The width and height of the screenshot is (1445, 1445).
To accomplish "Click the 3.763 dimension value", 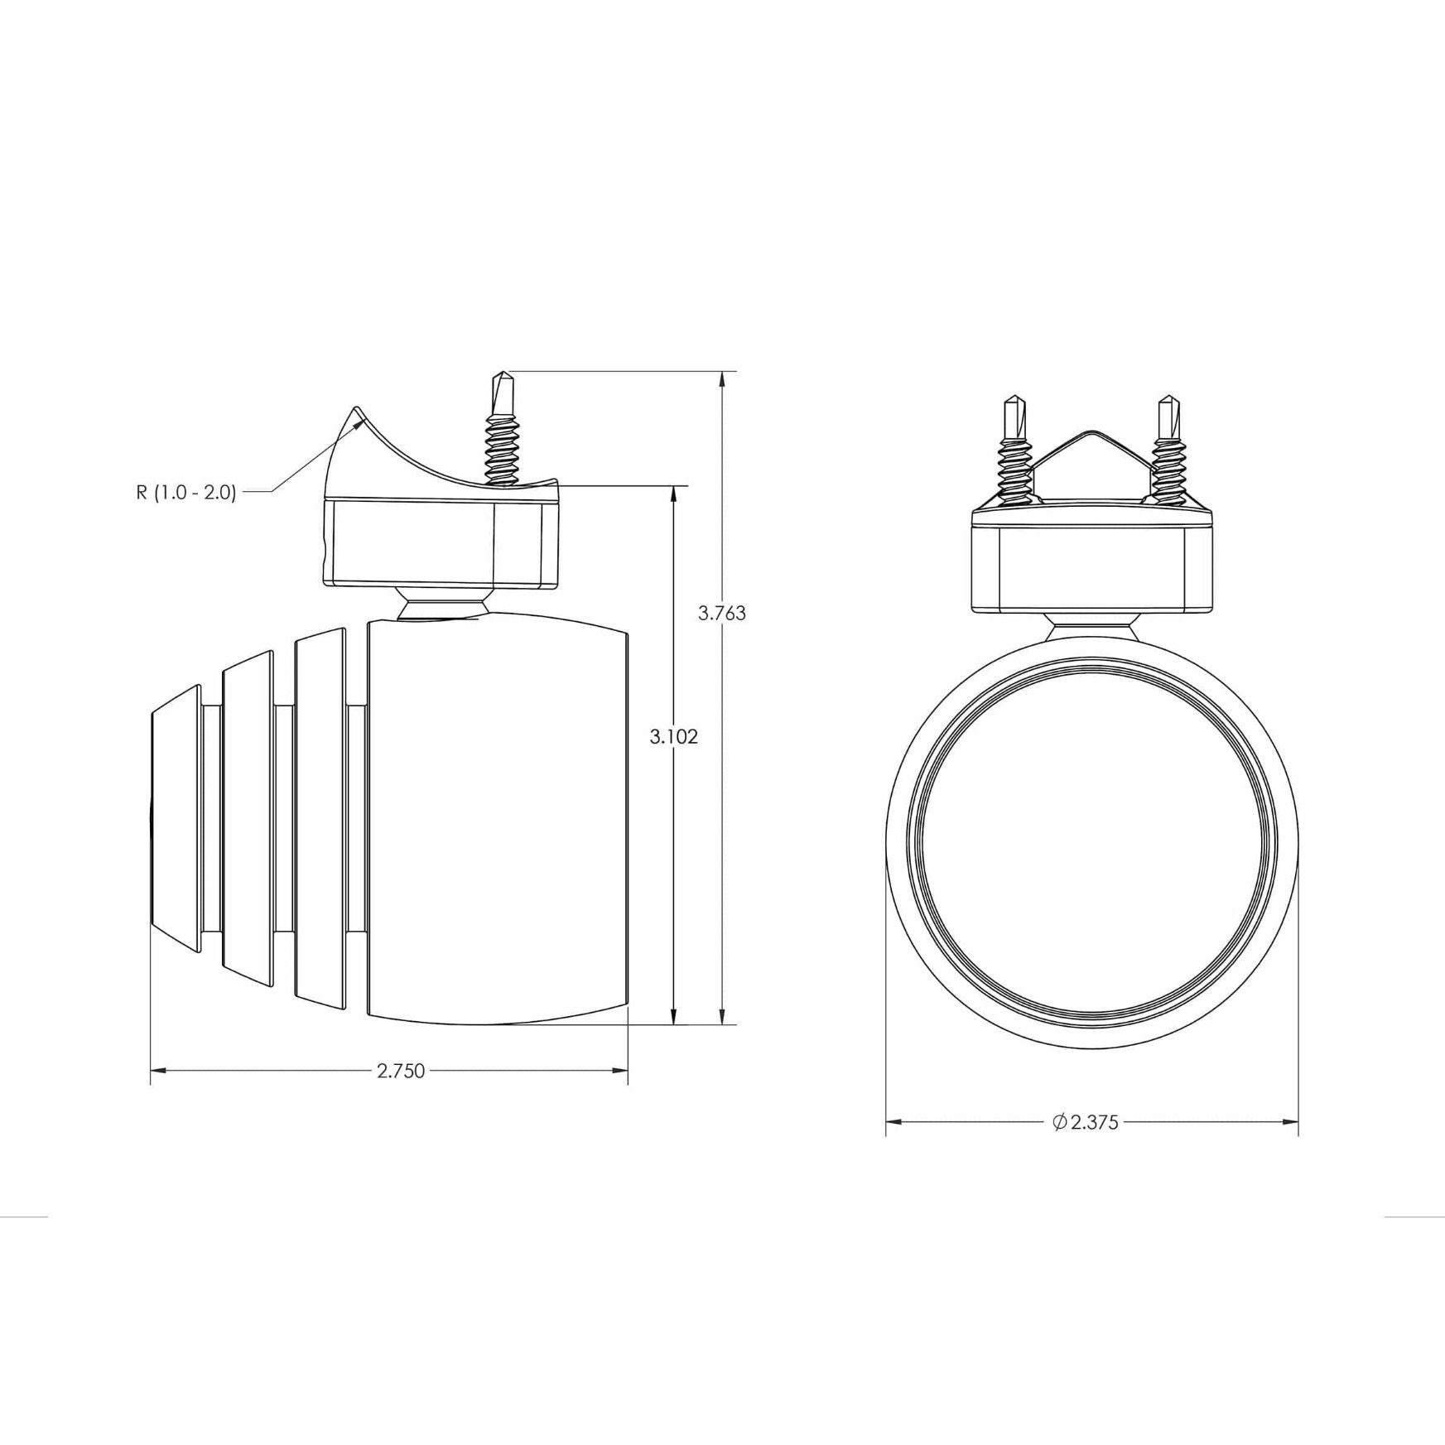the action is click(x=722, y=614).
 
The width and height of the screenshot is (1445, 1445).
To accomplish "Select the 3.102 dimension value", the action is click(x=674, y=737).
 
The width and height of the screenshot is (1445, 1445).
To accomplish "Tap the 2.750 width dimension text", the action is click(x=401, y=1071).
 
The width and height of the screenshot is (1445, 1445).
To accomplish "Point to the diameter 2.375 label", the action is click(x=1086, y=1123).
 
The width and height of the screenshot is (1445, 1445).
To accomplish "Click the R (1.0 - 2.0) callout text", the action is click(x=186, y=493).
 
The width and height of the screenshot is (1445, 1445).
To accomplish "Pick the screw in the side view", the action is click(x=503, y=429).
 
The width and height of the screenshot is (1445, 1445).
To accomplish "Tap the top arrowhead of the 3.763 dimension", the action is click(x=723, y=379).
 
